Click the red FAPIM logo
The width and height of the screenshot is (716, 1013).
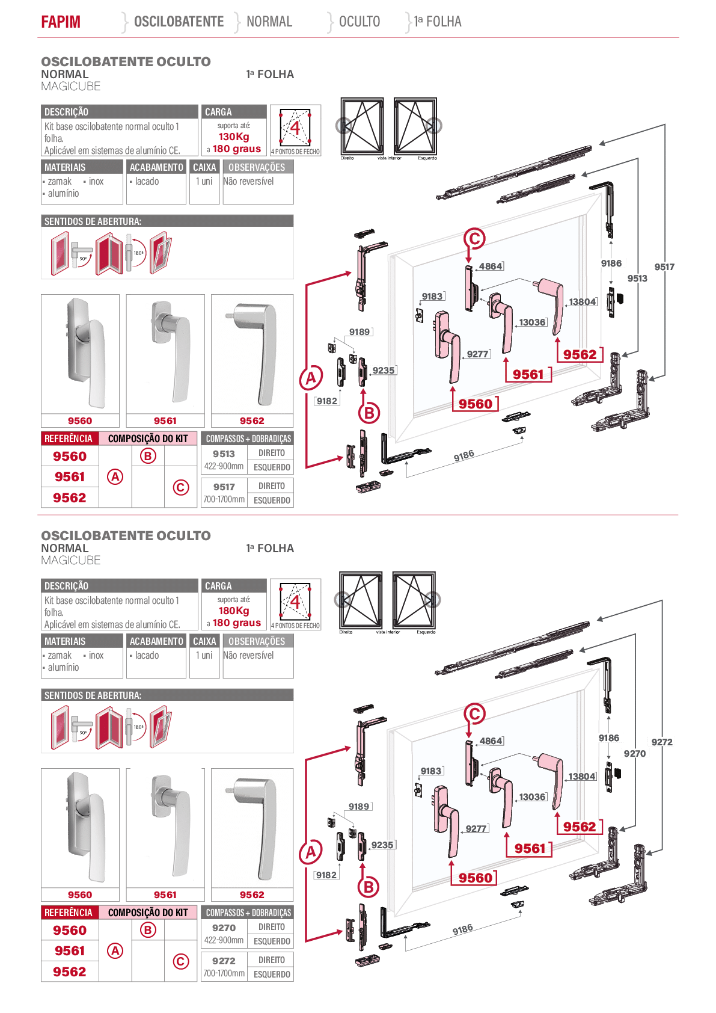[x=61, y=22]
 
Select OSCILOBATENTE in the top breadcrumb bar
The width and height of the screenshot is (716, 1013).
[x=179, y=22]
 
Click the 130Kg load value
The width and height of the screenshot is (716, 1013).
[x=234, y=137]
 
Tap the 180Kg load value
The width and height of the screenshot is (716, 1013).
[x=234, y=611]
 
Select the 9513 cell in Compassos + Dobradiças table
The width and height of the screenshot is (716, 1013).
[x=224, y=454]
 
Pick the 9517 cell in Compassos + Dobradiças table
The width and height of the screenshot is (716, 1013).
[x=224, y=487]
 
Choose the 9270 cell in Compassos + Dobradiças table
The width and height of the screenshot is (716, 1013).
[x=224, y=928]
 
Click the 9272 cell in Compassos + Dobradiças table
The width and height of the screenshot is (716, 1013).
[x=224, y=961]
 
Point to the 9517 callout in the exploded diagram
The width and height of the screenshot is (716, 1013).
[x=664, y=267]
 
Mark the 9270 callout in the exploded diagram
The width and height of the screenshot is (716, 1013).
[x=635, y=753]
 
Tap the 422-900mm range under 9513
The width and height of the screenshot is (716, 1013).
[x=224, y=466]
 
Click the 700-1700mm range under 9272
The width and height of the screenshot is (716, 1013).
[x=224, y=973]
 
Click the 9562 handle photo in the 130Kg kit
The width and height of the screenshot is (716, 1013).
[x=252, y=355]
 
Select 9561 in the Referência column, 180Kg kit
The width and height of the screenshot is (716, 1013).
[x=70, y=950]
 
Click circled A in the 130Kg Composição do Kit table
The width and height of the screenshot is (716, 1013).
[x=115, y=476]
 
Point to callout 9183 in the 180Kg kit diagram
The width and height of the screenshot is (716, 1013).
[x=431, y=771]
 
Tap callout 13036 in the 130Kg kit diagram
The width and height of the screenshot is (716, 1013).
[x=532, y=322]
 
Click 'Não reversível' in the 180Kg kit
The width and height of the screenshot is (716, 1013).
[x=248, y=655]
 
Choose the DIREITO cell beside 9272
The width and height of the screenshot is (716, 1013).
[x=271, y=959]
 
